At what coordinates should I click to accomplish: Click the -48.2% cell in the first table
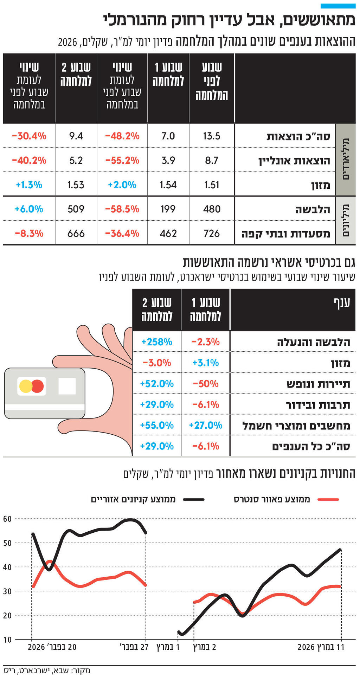point(122,136)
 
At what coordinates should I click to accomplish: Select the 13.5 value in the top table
point(212,136)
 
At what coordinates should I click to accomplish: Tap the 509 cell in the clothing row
point(76,209)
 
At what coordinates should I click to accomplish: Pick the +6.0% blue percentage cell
point(29,209)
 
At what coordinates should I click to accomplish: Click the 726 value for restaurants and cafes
point(212,233)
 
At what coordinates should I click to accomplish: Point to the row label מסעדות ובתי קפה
point(285,234)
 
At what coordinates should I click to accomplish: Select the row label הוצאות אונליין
point(294,161)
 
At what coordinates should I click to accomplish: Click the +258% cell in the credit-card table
point(156,342)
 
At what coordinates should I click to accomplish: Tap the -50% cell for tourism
point(206,383)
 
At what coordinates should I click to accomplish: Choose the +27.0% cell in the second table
point(206,425)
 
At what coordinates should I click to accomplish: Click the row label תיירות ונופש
point(318,384)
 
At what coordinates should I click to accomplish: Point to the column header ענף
point(342,303)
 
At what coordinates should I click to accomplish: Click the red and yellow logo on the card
point(32,386)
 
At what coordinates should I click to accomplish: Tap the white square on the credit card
point(67,386)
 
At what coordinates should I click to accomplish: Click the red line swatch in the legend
point(328,499)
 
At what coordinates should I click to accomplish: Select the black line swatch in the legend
point(193,499)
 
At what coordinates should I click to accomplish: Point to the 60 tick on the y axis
point(7,519)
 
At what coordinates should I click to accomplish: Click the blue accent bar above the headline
point(338,6)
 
